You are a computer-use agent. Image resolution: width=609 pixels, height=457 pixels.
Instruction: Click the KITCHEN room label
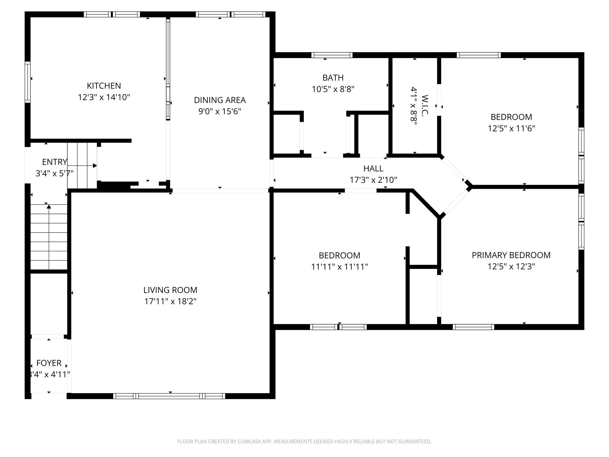(104, 86)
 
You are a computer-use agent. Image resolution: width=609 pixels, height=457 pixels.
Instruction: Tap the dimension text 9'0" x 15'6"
(220, 111)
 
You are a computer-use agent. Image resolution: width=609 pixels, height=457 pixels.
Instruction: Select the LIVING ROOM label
(170, 290)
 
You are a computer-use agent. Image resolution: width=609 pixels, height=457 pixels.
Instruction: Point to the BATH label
(333, 78)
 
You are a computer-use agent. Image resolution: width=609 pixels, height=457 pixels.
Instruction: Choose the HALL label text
(373, 168)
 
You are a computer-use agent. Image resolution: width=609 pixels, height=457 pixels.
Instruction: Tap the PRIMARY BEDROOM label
(511, 255)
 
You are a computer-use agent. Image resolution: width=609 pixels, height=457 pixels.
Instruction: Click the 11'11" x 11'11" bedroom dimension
(339, 267)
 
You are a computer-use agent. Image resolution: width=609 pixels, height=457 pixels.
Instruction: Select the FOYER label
(49, 363)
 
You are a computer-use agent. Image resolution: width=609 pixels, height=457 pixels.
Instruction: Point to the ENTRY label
(54, 162)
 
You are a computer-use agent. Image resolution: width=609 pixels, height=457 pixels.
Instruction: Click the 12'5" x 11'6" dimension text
(511, 128)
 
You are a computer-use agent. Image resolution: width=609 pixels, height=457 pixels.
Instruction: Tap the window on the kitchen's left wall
(28, 82)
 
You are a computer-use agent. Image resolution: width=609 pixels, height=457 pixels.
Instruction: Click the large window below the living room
(169, 396)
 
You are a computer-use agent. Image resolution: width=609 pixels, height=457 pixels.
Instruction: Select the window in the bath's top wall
(332, 55)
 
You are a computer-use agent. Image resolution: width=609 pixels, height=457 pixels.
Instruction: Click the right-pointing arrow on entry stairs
(94, 166)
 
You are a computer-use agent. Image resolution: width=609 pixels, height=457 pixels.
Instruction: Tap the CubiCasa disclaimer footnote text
(304, 441)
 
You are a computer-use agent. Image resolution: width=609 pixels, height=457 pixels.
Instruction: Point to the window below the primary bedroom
(473, 327)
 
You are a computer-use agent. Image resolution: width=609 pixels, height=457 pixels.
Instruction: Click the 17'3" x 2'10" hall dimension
(373, 180)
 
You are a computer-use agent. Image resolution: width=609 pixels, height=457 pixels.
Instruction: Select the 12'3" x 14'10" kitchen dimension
(104, 97)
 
